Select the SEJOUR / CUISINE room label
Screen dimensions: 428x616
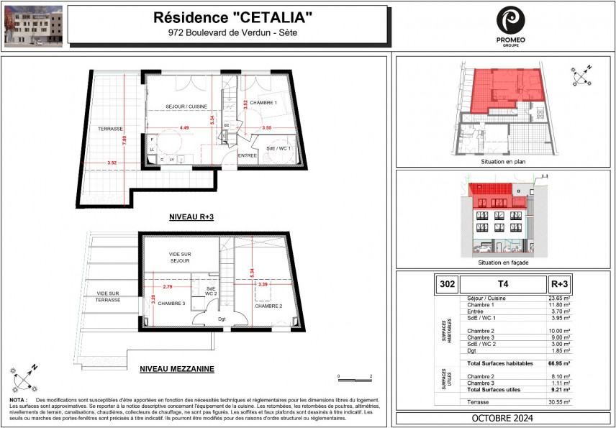[181, 107]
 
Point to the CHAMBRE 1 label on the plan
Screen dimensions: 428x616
[264, 103]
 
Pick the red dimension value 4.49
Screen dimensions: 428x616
[184, 128]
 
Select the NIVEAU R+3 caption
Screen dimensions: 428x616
[192, 217]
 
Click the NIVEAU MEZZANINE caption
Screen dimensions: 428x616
[179, 369]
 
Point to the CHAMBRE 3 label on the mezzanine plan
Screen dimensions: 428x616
[171, 304]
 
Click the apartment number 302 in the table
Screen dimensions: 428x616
[445, 283]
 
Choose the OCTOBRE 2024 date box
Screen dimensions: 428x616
[502, 419]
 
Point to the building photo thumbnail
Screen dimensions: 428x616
[33, 26]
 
